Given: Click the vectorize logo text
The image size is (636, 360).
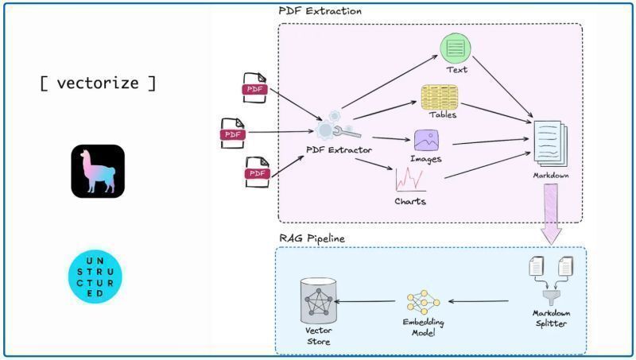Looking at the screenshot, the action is point(98,83).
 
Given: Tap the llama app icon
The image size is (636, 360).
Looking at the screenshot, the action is point(98,171).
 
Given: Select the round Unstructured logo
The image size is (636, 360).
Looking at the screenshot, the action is point(95,277).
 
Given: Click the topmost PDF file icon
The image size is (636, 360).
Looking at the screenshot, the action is point(254,88).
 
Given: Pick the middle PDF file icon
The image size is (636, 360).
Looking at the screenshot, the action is point(233,134).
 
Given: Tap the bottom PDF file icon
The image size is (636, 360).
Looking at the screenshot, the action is point(257,172).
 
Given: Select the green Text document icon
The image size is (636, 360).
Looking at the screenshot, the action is point(456,48).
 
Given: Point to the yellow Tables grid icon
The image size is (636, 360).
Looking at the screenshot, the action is point(440,97).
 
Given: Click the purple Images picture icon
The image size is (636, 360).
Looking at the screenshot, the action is point(426,141).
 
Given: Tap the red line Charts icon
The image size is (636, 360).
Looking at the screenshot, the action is point(410,179).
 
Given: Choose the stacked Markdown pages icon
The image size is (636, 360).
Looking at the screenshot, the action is point(550,143).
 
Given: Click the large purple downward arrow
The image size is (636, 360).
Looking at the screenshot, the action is point(551,214).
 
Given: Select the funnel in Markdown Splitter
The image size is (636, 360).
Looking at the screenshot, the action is point(551,298).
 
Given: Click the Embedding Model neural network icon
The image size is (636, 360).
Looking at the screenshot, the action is point(424,302).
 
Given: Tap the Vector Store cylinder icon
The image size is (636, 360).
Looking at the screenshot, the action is point(319,301).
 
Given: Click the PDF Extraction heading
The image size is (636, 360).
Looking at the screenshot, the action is point(320,11).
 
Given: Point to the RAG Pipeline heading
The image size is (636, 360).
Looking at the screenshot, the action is point(312,238).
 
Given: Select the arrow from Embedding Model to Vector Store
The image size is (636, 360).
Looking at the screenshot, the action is point(364,301).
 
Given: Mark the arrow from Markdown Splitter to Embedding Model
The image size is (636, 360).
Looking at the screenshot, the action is point(479,301).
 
